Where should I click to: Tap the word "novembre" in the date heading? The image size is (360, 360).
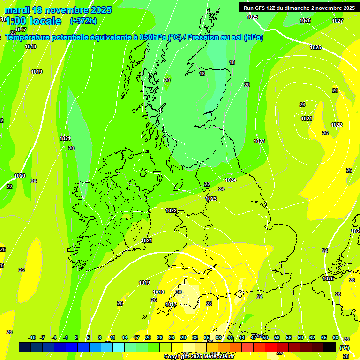coord(66,10)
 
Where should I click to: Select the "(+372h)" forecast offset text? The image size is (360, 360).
coord(83,21)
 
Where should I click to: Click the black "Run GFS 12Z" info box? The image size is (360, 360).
coord(299,7)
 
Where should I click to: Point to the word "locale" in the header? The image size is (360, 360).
coord(45,21)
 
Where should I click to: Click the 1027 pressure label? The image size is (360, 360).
coord(337,21)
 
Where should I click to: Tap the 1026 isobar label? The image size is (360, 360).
coord(305,20)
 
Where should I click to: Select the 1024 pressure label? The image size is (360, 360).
coord(231,180)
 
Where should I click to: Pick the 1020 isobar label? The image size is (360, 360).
coord(20,176)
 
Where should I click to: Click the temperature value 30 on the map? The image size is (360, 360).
coord(179,292)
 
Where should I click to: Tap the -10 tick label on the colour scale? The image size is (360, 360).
coord(32,337)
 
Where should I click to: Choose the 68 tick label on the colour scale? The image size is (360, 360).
coord(336,337)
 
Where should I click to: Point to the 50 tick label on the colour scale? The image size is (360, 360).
coord(265,337)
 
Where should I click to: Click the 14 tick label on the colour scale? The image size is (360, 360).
coord(125,337)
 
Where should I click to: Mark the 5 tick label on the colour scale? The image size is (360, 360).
coord(88,337)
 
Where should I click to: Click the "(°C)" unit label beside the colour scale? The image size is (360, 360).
coord(344,347)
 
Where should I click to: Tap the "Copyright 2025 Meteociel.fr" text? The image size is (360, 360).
coord(199,356)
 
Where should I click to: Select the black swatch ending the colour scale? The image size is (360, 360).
coord(330,347)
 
